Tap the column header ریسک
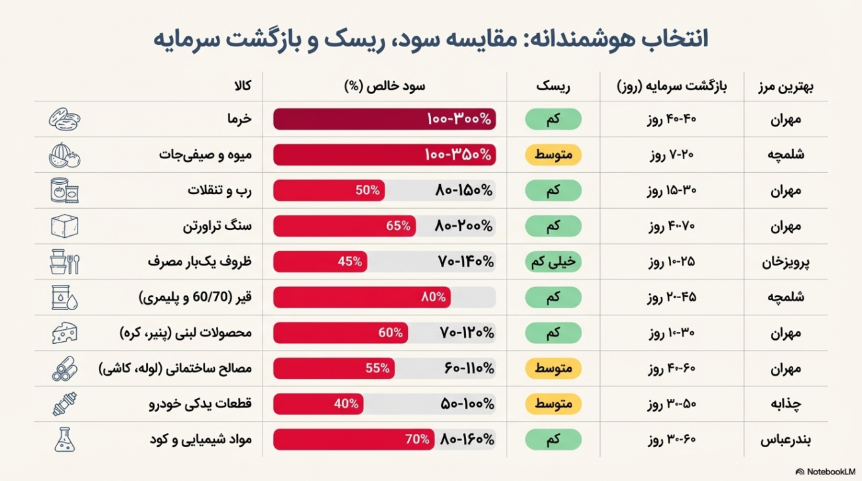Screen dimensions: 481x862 (553, 86)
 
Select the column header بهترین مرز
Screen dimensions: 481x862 (786, 86)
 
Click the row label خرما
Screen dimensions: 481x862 (239, 119)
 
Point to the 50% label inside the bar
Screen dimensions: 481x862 (368, 191)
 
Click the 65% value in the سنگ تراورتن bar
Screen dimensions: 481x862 (398, 226)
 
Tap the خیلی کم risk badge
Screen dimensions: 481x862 (553, 262)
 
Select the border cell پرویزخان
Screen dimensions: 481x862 (786, 262)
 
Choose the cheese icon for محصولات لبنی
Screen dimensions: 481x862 (65, 333)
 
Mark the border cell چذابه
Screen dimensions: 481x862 (786, 404)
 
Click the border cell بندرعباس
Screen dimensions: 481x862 (786, 440)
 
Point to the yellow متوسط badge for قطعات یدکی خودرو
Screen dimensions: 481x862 (553, 404)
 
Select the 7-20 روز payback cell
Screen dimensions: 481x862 (672, 155)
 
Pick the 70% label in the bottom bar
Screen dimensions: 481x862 (417, 440)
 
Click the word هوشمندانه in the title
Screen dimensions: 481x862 (584, 38)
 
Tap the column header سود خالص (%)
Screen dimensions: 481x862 (385, 86)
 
